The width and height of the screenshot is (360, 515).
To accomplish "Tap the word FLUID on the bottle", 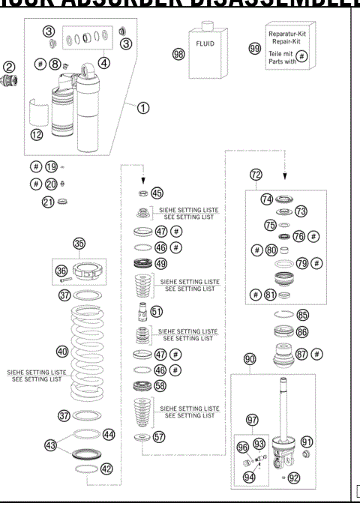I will point(205,44).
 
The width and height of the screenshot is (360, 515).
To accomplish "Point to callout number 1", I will point(142,107).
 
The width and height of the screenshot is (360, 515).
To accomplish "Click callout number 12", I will point(37,134).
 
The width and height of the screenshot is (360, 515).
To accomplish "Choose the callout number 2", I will point(8,67).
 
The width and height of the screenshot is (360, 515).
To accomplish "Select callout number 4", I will point(103,62).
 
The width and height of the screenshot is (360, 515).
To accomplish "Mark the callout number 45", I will point(156,193).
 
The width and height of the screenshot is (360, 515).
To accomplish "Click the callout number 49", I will point(160,264).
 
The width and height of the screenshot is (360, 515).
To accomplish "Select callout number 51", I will point(156,310).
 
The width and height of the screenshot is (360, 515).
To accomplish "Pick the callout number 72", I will point(256,175).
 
